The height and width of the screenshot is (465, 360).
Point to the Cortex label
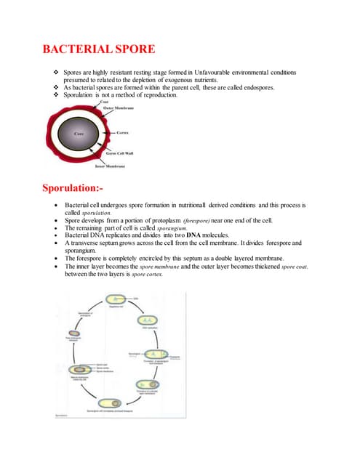(x=122, y=133)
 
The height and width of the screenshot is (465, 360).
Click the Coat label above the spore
(x=93, y=102)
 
